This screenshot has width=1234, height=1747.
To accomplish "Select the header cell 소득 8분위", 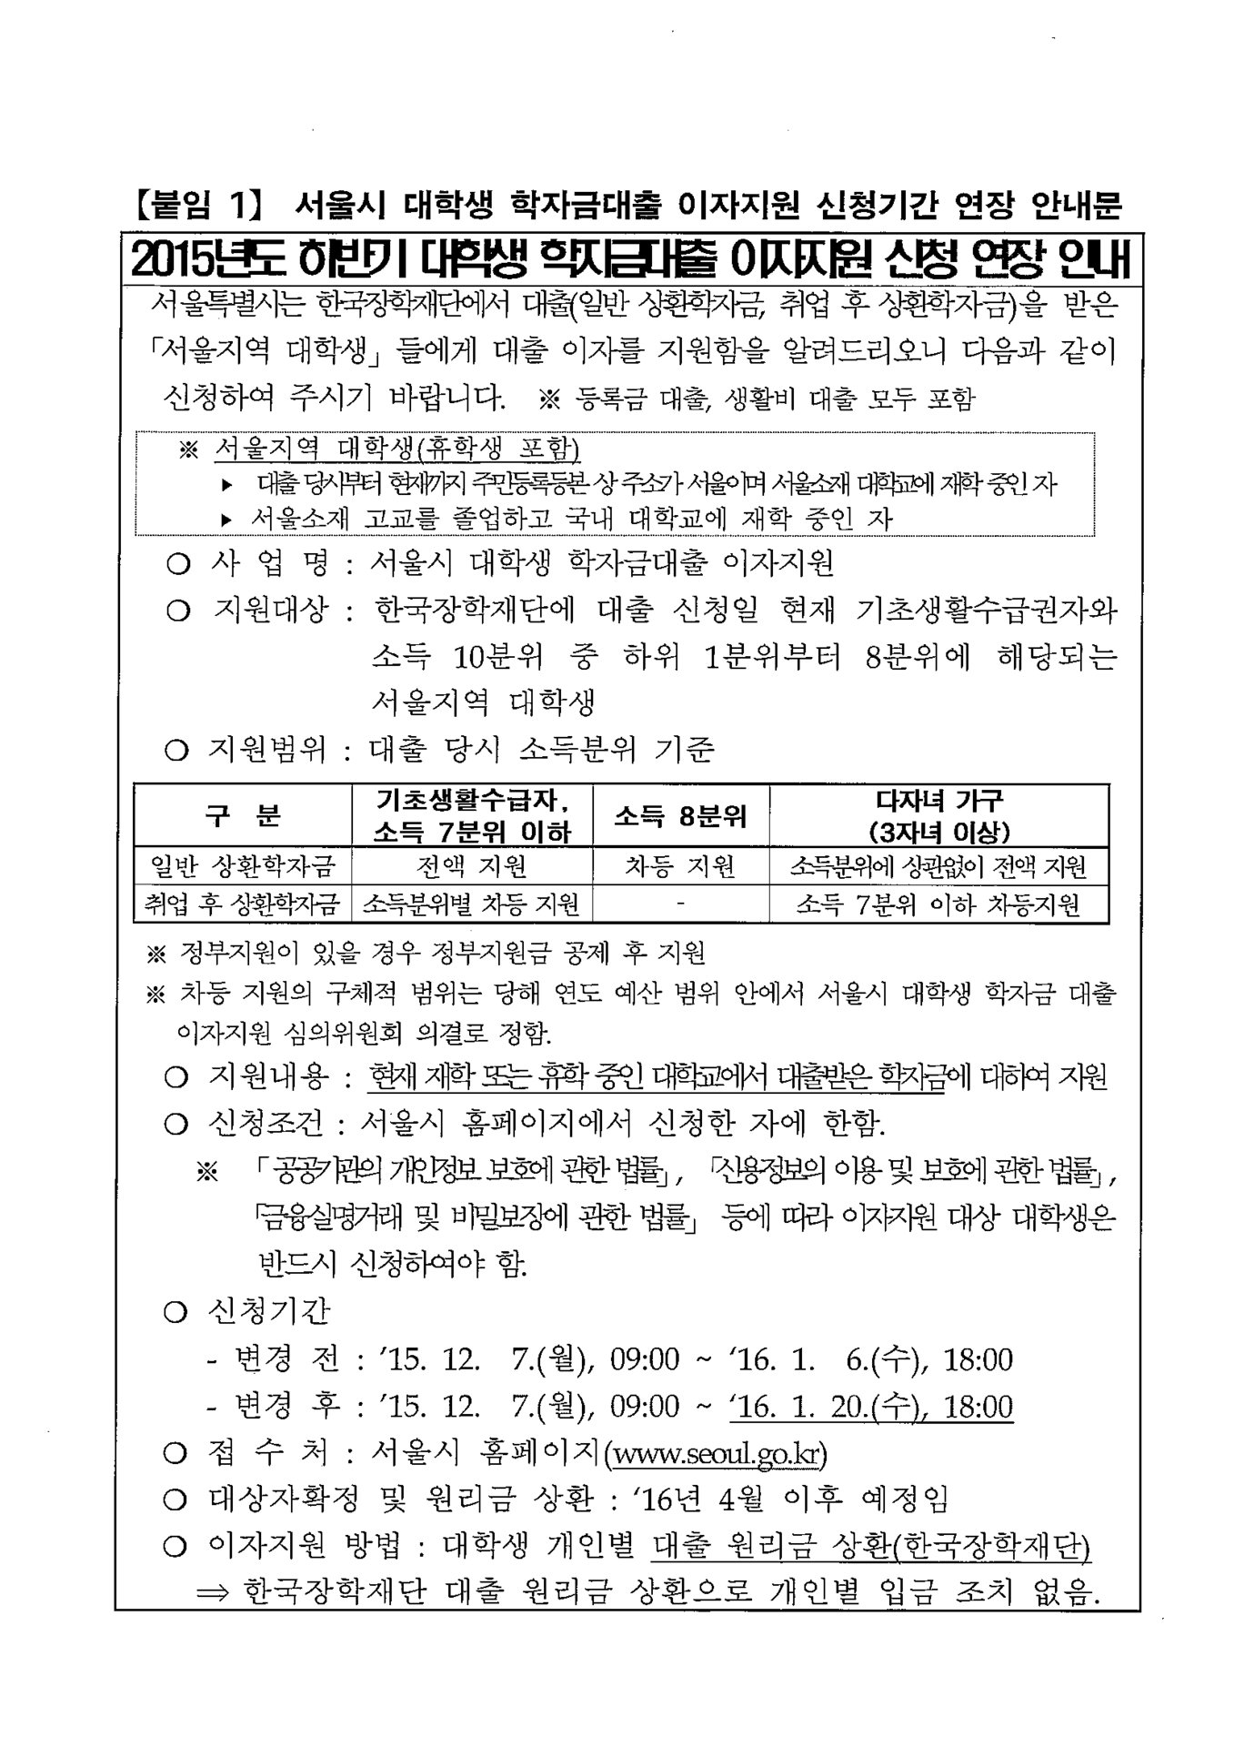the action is [679, 816].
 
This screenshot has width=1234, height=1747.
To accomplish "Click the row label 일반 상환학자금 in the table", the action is [243, 865].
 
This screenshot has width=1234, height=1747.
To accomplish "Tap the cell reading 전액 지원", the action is [471, 865].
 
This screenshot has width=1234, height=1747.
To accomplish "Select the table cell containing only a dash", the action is [680, 904].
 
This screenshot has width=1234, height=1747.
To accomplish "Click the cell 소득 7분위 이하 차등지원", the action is [939, 904].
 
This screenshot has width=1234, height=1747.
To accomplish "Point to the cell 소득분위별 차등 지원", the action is [471, 904].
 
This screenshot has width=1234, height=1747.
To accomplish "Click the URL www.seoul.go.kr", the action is [719, 1453].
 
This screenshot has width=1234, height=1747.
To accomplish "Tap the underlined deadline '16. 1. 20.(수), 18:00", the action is [871, 1407].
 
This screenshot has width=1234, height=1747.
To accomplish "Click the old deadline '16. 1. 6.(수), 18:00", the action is [871, 1359].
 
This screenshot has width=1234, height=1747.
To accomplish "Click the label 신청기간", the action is [269, 1311].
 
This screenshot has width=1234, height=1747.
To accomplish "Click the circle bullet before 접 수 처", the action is [176, 1453].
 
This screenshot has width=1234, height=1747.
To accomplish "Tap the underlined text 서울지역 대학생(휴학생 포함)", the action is [397, 449].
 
